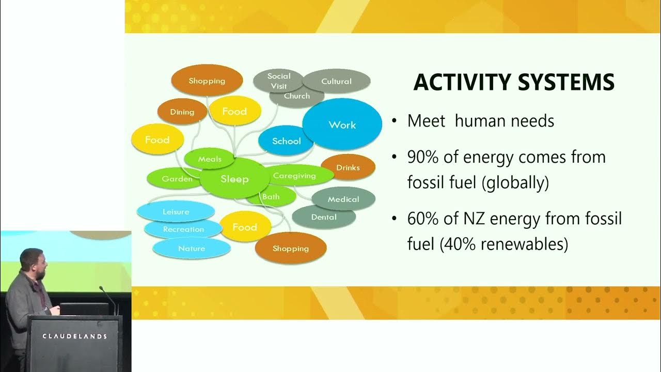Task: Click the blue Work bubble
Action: pyautogui.click(x=342, y=125)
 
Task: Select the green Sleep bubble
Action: pyautogui.click(x=234, y=179)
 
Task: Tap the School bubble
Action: pyautogui.click(x=286, y=141)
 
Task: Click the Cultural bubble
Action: pyautogui.click(x=336, y=81)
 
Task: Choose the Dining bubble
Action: pyautogui.click(x=182, y=112)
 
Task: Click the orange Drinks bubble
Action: pyautogui.click(x=348, y=167)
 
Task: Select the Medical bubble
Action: pyautogui.click(x=343, y=199)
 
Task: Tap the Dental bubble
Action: pyautogui.click(x=324, y=217)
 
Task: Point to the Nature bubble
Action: pyautogui.click(x=191, y=249)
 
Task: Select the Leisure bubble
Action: pyautogui.click(x=176, y=212)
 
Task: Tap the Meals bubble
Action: pyautogui.click(x=210, y=159)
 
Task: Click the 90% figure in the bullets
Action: pyautogui.click(x=422, y=157)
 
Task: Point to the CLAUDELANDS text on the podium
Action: pyautogui.click(x=74, y=336)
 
